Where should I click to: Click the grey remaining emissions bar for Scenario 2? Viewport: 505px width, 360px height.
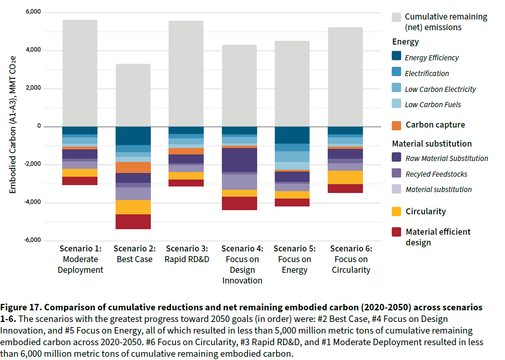(133, 95)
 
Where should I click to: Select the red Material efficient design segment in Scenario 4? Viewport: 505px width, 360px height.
(240, 203)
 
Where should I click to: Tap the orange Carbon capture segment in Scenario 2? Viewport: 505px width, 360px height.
(133, 167)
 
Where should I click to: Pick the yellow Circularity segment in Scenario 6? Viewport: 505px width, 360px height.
(345, 177)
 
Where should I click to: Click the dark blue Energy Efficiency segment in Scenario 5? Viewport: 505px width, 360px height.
(292, 135)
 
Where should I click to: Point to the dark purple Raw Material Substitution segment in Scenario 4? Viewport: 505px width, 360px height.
(240, 160)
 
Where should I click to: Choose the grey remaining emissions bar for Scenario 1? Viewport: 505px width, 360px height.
(80, 73)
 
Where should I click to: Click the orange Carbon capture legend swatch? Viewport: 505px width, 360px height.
(396, 126)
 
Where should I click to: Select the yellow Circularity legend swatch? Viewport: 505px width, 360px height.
(396, 212)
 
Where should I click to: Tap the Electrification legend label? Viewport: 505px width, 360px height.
(427, 73)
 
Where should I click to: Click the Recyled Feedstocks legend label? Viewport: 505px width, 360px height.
(436, 174)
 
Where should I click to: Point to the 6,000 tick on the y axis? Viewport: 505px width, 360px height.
(33, 12)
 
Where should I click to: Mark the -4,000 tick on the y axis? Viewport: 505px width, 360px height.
(32, 202)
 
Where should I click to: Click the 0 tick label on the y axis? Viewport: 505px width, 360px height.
(39, 126)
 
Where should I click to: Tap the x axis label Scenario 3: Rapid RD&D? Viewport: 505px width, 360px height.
(187, 254)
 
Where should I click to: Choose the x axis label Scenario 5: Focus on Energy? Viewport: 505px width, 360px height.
(295, 259)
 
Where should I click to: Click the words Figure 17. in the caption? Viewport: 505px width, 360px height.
(21, 308)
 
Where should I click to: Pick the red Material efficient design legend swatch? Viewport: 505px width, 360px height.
(396, 232)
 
